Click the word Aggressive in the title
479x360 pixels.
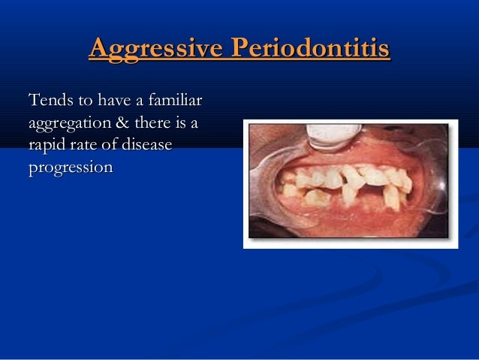155,49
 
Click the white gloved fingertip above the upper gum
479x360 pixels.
334,135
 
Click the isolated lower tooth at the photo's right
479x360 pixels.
392,197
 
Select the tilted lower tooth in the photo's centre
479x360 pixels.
350,192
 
